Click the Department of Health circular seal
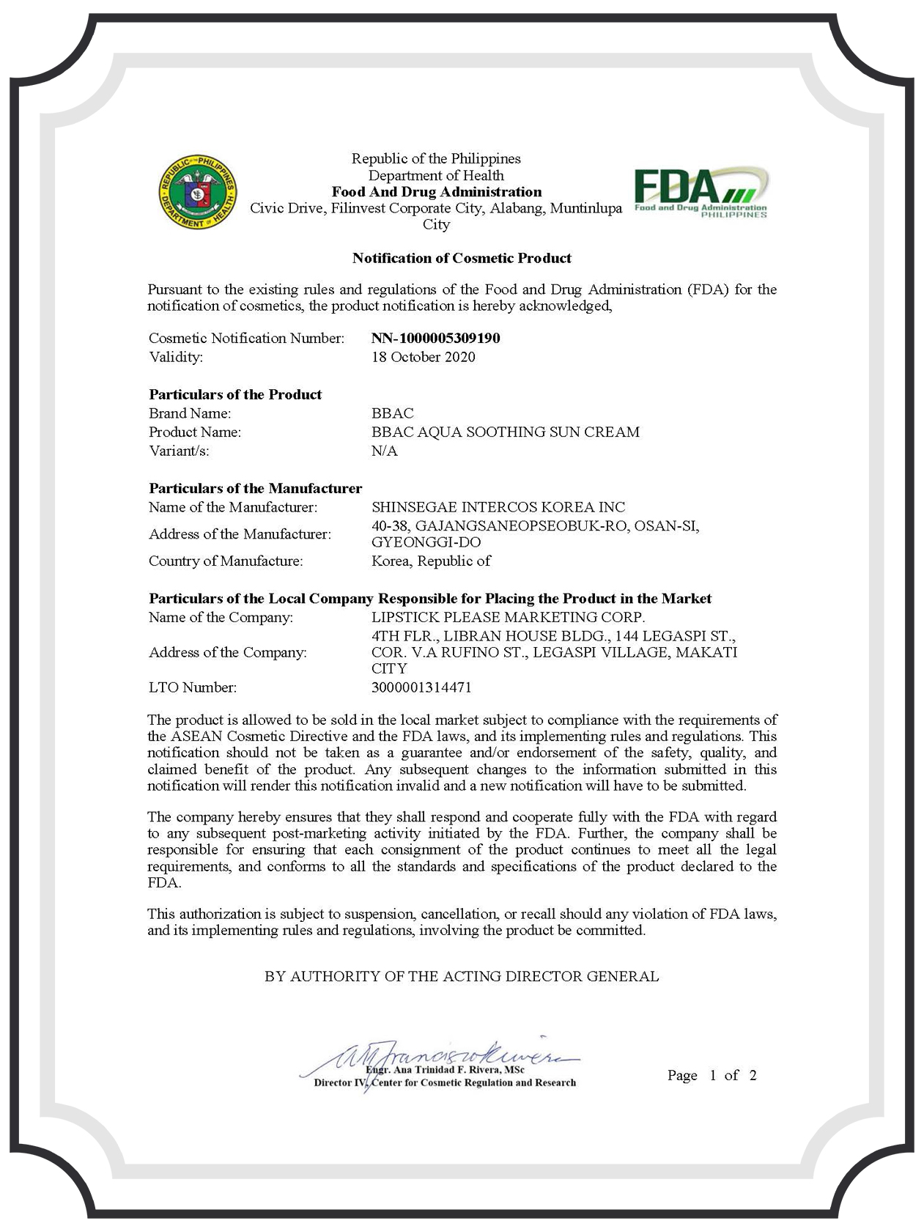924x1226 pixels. pyautogui.click(x=199, y=191)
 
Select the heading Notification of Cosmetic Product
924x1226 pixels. pyautogui.click(x=462, y=258)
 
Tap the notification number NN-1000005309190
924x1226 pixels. pyautogui.click(x=436, y=338)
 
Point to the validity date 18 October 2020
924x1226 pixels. pyautogui.click(x=424, y=357)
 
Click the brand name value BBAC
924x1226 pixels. pyautogui.click(x=393, y=413)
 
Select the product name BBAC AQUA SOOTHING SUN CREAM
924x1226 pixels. pyautogui.click(x=506, y=432)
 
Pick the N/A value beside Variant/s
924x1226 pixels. pyautogui.click(x=385, y=451)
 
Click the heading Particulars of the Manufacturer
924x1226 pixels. pyautogui.click(x=256, y=488)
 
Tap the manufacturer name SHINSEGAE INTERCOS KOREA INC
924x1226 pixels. pyautogui.click(x=498, y=507)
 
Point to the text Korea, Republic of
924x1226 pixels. pyautogui.click(x=432, y=561)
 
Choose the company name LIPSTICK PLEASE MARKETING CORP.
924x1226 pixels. pyautogui.click(x=509, y=617)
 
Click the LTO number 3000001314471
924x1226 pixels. pyautogui.click(x=422, y=687)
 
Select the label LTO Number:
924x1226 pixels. pyautogui.click(x=193, y=687)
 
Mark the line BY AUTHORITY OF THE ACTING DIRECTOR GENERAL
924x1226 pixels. pyautogui.click(x=462, y=976)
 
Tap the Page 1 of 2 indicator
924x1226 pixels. pyautogui.click(x=712, y=1075)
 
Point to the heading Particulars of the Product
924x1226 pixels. pyautogui.click(x=235, y=394)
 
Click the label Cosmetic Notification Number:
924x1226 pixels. pyautogui.click(x=246, y=338)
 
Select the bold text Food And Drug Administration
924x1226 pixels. pyautogui.click(x=437, y=192)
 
